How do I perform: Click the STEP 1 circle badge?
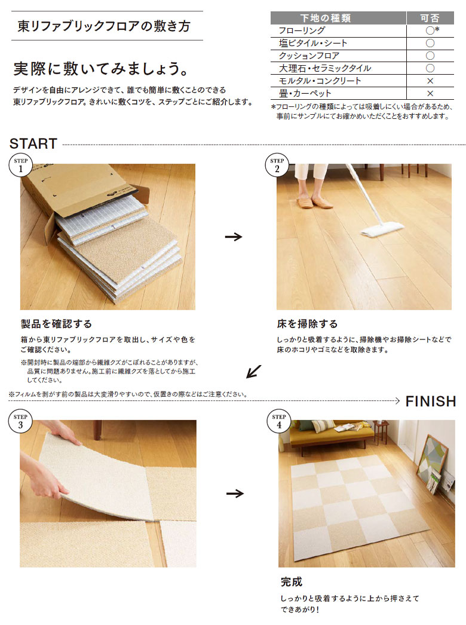[21, 165]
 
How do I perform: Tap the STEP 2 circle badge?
[277, 165]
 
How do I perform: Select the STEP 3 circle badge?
[20, 421]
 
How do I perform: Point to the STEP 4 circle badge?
[278, 421]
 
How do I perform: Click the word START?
[33, 144]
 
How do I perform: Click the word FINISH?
[431, 402]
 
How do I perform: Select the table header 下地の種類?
[325, 18]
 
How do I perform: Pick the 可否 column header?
[430, 18]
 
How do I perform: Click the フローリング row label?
[302, 30]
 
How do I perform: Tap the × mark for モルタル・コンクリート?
[430, 81]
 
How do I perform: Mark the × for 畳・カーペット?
[430, 94]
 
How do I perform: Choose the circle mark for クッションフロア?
[430, 56]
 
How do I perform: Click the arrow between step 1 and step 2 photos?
[234, 237]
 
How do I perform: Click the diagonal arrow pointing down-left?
[253, 371]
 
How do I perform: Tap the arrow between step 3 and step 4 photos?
[235, 494]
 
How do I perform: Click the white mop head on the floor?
[382, 231]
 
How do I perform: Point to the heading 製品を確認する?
[56, 324]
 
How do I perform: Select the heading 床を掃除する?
[307, 324]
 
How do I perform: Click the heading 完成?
[292, 582]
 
